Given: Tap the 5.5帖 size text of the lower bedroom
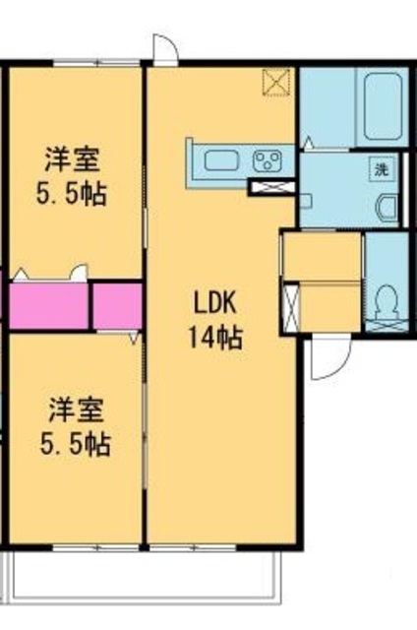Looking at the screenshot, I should (75, 443).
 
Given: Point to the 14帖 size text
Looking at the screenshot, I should (215, 338).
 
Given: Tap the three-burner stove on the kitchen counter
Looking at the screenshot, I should (268, 159).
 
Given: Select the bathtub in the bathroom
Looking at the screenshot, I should (382, 105).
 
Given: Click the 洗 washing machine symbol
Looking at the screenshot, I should (380, 168).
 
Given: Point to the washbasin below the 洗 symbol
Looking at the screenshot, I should (386, 208).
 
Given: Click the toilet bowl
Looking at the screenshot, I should (387, 298).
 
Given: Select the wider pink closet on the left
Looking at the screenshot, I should (47, 305).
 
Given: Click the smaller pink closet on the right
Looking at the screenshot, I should (117, 305).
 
